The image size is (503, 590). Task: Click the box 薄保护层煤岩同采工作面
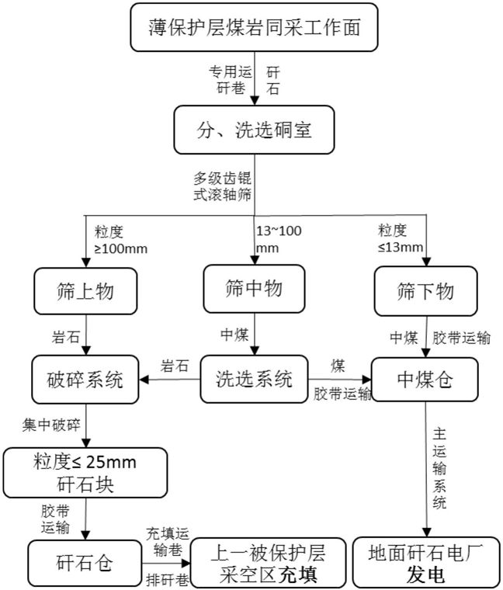pos(254,27)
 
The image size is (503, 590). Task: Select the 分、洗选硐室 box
pos(254,130)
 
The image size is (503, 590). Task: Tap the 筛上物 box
pos(85,291)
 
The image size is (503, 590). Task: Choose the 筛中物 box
pos(254,289)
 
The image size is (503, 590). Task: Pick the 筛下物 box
pos(426,291)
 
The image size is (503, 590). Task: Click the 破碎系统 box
pos(85,380)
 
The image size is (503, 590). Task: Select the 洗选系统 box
pos(254,379)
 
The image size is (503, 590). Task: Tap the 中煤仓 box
pos(425,380)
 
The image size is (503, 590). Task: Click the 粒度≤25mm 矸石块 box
pos(85,473)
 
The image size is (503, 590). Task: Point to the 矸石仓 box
pos(85,563)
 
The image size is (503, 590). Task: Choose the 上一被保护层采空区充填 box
pos(269,563)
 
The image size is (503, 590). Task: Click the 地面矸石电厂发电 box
pos(426,563)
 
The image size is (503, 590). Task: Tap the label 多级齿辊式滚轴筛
pos(222,186)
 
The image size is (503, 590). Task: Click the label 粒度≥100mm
pos(120,240)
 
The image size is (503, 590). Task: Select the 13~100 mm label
pos(279,239)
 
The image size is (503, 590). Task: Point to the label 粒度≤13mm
pos(401,238)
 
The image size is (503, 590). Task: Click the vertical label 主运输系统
pos(439,468)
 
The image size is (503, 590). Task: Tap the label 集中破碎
pos(51,425)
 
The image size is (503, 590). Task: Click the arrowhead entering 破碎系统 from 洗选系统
pos(144,380)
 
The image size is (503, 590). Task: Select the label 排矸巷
pos(168,579)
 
